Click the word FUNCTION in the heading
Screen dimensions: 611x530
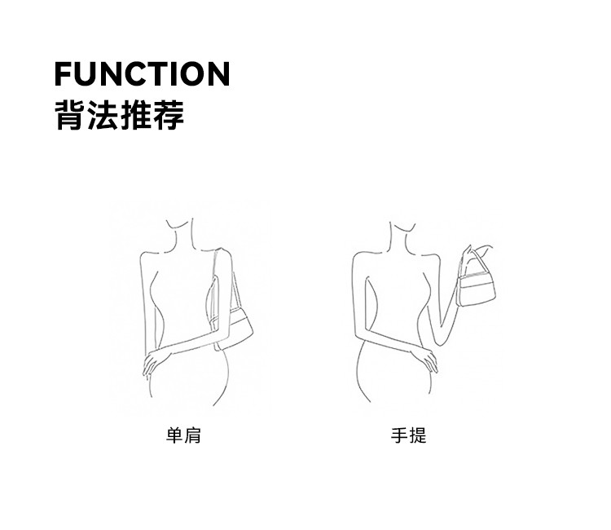(x=142, y=74)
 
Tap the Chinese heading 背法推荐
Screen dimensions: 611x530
(x=119, y=115)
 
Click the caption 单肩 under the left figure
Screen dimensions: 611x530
(x=183, y=435)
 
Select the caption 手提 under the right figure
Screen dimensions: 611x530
(x=408, y=435)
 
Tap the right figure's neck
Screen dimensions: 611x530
(x=401, y=236)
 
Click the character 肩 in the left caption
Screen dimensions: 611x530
(x=192, y=435)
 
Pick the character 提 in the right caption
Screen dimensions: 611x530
(x=417, y=435)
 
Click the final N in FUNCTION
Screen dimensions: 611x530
(x=217, y=74)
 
